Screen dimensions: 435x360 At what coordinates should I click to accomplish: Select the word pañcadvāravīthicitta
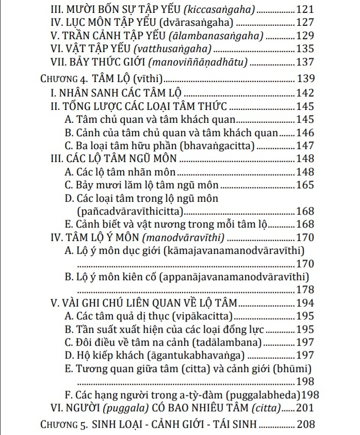pos(129,211)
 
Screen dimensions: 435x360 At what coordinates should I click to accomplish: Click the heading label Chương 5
pos(63,426)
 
